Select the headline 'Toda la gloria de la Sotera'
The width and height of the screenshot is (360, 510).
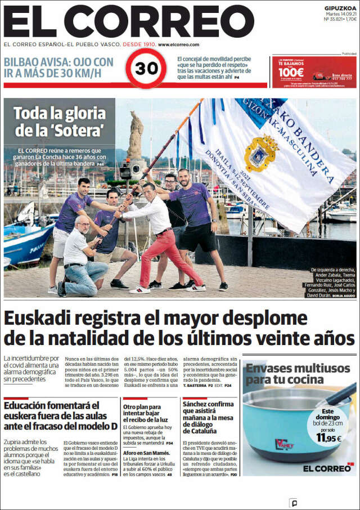[60, 122]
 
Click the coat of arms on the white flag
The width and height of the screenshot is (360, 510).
[261, 153]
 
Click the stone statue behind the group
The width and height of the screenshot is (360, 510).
[136, 136]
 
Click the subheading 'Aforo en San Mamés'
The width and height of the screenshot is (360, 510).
[143, 454]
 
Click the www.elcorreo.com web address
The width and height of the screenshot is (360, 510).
[179, 44]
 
